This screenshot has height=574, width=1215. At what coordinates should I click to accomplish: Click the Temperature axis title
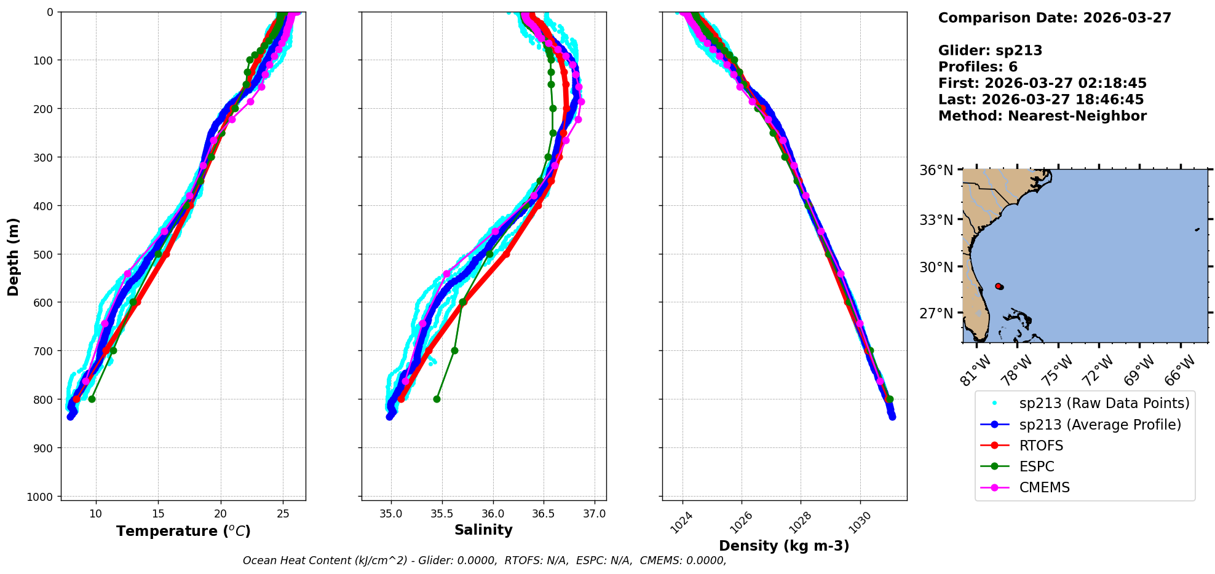[183, 531]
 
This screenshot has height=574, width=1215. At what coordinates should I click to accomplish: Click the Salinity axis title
[483, 530]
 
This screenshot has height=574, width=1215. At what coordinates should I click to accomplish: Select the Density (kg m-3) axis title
[784, 546]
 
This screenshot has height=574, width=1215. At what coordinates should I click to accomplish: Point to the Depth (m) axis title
[14, 256]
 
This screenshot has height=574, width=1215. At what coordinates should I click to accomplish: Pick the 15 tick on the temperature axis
[158, 514]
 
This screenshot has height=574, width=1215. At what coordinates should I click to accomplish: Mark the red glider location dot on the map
[999, 286]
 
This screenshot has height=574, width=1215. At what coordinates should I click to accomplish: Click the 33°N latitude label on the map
[936, 219]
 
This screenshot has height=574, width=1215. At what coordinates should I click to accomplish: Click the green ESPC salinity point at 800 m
[437, 399]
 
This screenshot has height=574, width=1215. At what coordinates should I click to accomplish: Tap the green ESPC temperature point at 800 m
[92, 399]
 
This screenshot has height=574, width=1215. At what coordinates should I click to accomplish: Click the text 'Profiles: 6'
[978, 67]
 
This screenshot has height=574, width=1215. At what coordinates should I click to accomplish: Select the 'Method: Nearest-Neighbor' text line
[1042, 116]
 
